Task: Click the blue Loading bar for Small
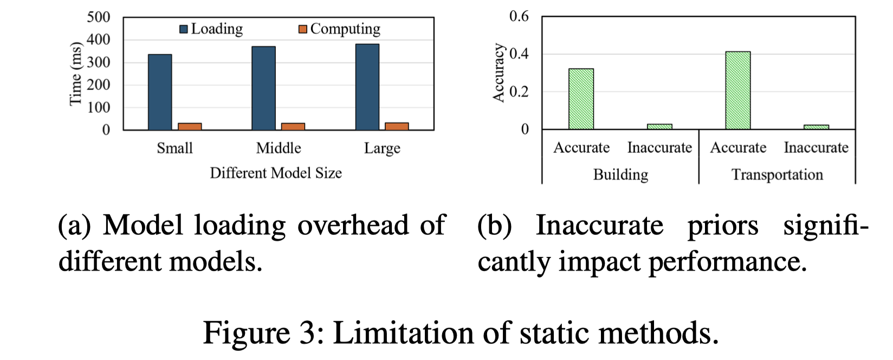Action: pos(160,92)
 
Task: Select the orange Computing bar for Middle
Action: pos(293,126)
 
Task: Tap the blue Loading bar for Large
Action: pos(367,87)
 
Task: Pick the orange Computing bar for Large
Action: pos(397,126)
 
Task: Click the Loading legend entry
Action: pos(211,29)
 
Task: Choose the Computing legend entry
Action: pos(340,29)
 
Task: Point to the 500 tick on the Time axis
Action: pos(99,17)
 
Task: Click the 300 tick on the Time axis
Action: pos(99,62)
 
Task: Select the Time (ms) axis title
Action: pos(75,74)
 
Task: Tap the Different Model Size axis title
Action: pos(276,173)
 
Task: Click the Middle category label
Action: pos(279,148)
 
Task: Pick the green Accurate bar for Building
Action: pos(581,99)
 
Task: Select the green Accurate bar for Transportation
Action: pos(738,91)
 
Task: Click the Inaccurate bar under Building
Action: pos(659,126)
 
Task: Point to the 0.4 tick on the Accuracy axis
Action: pos(519,54)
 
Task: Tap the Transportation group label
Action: pos(777,175)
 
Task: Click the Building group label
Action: pos(620,175)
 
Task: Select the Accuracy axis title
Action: pos(499,73)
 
